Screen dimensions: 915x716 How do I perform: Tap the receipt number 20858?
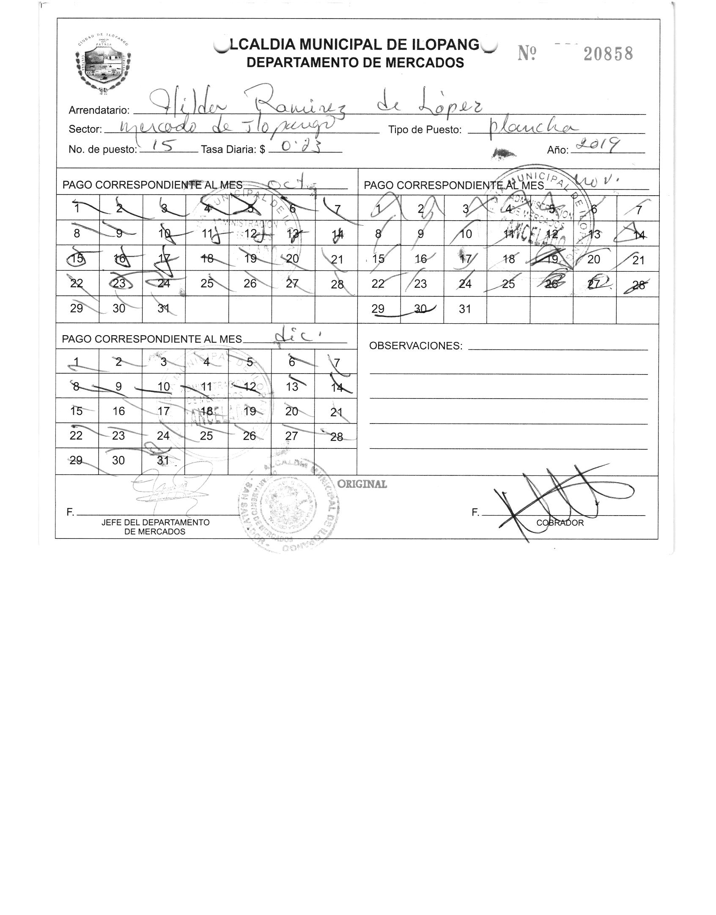tap(608, 54)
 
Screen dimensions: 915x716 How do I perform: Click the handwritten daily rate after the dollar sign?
tap(299, 147)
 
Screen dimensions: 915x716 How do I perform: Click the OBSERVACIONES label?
tap(416, 346)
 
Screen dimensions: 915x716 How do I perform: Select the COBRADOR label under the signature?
tap(560, 523)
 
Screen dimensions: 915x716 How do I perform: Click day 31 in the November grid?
tap(465, 309)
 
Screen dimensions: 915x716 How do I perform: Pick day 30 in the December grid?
tap(118, 460)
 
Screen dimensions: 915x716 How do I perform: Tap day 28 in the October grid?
tap(337, 284)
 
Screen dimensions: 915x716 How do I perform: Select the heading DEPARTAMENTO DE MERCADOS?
tap(355, 63)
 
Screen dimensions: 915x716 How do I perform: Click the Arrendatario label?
tap(99, 110)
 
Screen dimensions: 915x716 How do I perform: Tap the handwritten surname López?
tap(454, 106)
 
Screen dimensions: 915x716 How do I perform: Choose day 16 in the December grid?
tap(119, 411)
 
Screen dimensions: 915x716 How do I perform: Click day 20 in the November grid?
tap(594, 259)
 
